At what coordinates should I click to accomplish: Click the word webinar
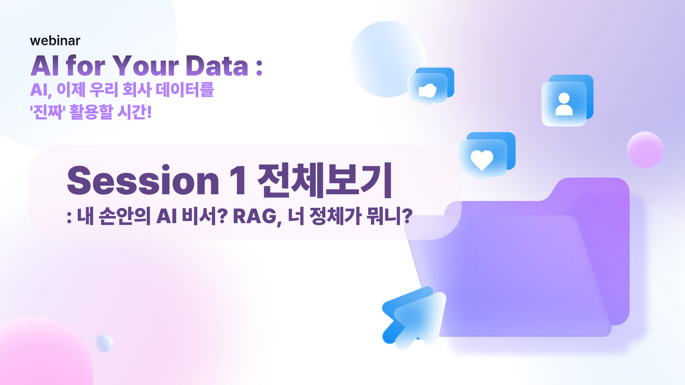click(55, 41)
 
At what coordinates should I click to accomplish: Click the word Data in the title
click(217, 66)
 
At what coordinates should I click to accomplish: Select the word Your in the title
click(146, 66)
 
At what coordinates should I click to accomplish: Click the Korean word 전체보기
click(325, 180)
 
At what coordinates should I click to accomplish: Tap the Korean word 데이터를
click(185, 89)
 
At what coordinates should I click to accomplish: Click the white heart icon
click(482, 160)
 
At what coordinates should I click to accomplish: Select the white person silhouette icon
click(564, 104)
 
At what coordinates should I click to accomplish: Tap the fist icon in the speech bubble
click(427, 91)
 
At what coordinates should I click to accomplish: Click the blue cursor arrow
click(414, 317)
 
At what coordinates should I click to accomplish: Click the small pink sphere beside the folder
click(645, 150)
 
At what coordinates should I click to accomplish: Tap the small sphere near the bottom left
click(104, 343)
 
